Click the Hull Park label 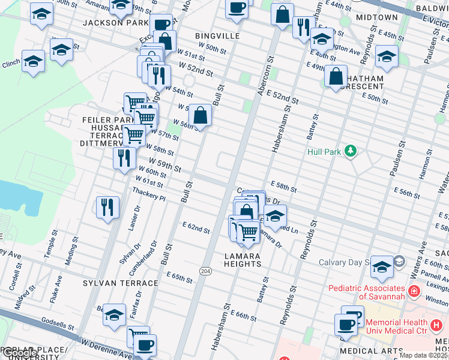(324, 152)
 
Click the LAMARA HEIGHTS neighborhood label (243, 260)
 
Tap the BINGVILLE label (217, 36)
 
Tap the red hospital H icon (412, 292)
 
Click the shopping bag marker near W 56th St (200, 115)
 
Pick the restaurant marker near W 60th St (124, 158)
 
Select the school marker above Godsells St (114, 314)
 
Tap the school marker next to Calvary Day (382, 266)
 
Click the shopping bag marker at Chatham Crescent (336, 76)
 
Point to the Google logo (19, 353)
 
